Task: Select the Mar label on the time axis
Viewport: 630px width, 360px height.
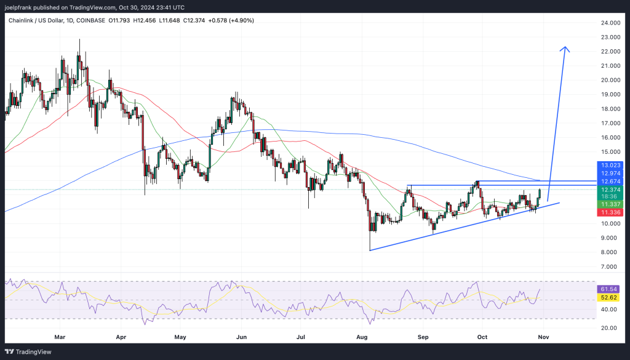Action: click(60, 337)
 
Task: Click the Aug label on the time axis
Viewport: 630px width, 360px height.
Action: click(362, 337)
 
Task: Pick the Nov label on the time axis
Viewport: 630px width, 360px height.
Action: click(544, 337)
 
